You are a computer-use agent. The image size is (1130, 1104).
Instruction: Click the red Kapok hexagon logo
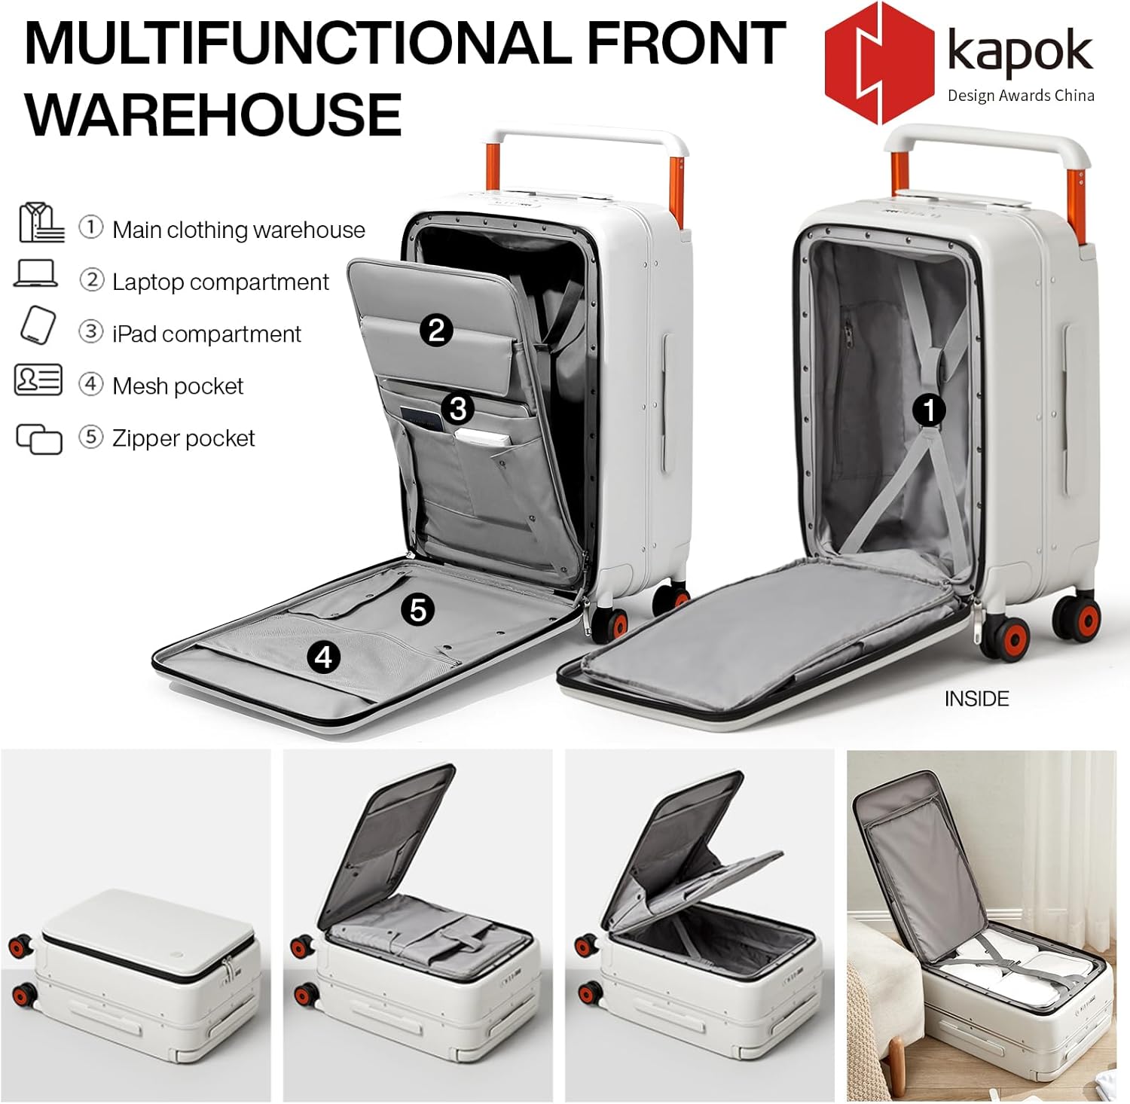880,63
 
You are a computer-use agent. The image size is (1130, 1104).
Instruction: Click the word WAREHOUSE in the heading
214,114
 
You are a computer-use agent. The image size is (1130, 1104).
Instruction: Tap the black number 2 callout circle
437,331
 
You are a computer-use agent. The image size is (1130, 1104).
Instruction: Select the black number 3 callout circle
458,409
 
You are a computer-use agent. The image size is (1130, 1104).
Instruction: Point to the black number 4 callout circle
323,657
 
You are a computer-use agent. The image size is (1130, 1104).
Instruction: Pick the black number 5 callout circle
418,609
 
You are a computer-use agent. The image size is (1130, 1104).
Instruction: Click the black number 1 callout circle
929,410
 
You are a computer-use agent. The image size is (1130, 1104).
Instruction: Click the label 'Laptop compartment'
220,282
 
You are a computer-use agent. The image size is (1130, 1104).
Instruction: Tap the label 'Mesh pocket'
178,386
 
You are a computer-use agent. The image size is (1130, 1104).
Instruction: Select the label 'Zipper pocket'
183,438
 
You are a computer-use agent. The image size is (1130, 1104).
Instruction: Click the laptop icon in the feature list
35,273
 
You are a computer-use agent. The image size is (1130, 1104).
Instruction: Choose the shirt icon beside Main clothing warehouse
41,222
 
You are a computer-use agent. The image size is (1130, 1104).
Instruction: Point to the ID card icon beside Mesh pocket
38,380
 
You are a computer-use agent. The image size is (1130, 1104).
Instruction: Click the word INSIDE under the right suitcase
976,699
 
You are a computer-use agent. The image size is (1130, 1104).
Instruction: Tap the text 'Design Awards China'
1021,96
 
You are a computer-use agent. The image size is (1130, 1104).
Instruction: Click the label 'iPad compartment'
206,334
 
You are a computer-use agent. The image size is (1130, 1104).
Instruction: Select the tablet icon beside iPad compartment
38,325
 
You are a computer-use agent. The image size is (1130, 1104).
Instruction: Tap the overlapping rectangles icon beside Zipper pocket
39,439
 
